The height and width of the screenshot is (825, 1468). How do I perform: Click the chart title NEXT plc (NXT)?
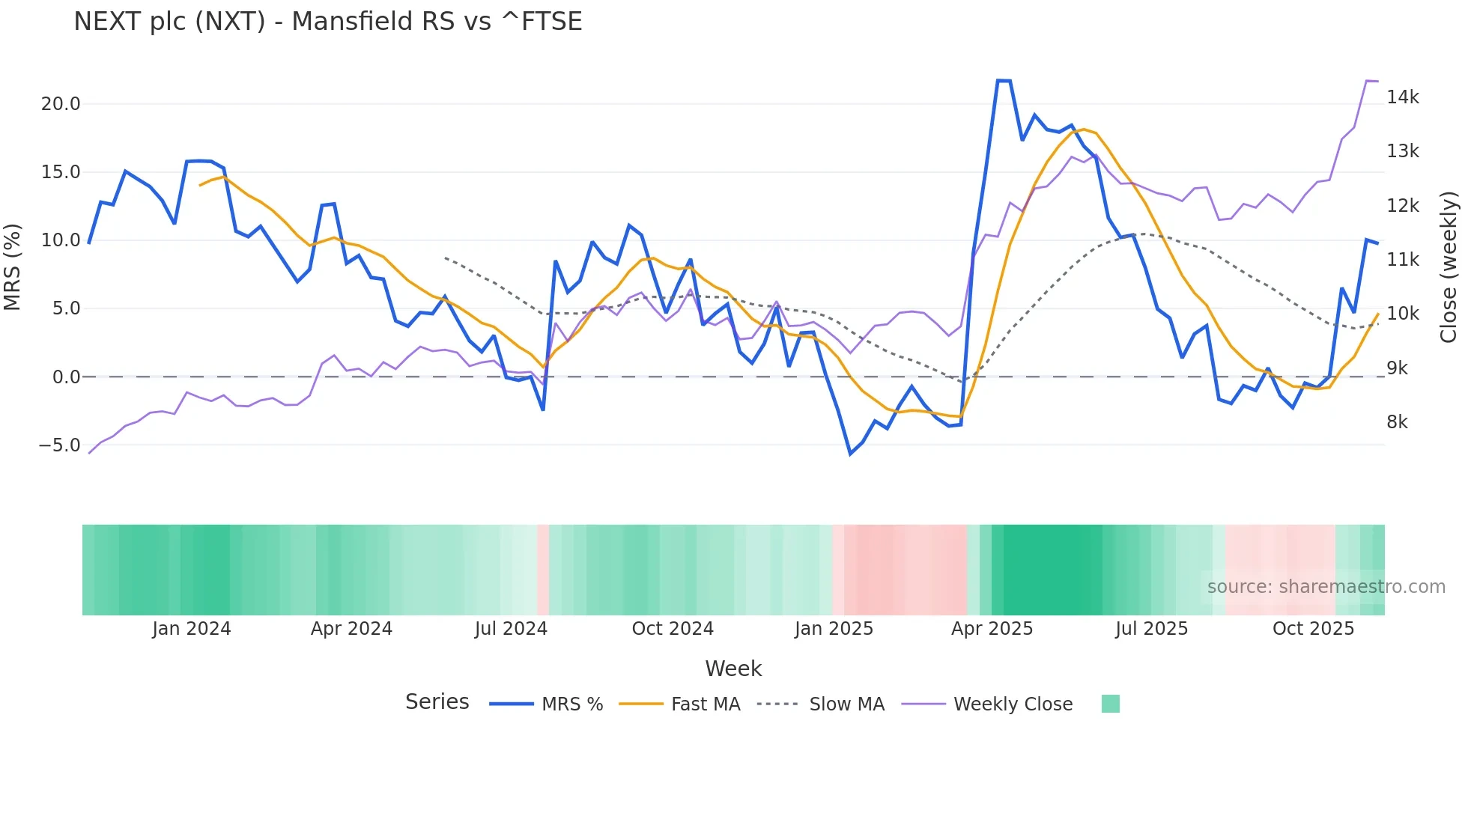coord(327,22)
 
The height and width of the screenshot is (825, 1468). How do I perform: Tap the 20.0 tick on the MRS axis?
coord(61,104)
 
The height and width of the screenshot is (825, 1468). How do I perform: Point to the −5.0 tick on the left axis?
coord(59,445)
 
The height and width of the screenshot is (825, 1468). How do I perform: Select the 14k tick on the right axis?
coord(1402,97)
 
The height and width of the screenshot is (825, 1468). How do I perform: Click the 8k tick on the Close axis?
coord(1397,422)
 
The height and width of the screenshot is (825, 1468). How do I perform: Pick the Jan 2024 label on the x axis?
coord(191,629)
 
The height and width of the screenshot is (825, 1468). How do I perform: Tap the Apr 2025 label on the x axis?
coord(992,629)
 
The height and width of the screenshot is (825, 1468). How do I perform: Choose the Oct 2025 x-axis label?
coord(1313,629)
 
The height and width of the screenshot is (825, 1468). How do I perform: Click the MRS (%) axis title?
coord(13,267)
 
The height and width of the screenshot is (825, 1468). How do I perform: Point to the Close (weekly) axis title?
coord(1449,267)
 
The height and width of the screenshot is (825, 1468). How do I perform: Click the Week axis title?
coord(733,669)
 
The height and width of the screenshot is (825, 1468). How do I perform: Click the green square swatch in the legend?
coord(1110,704)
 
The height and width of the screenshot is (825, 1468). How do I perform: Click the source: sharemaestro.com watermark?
coord(1326,587)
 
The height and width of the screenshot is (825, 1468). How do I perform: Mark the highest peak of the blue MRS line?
coord(1004,80)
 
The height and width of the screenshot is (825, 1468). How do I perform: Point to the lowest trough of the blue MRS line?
coord(850,454)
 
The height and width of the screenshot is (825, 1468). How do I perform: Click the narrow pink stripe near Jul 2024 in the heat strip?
coord(542,570)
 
